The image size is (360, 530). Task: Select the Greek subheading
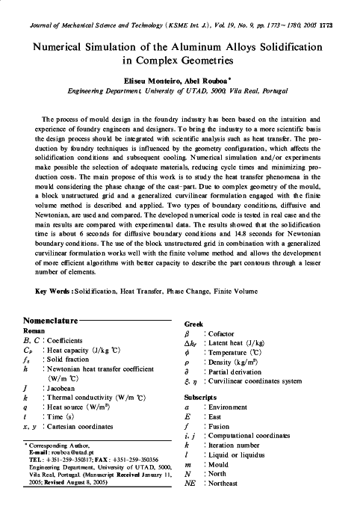point(194,323)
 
